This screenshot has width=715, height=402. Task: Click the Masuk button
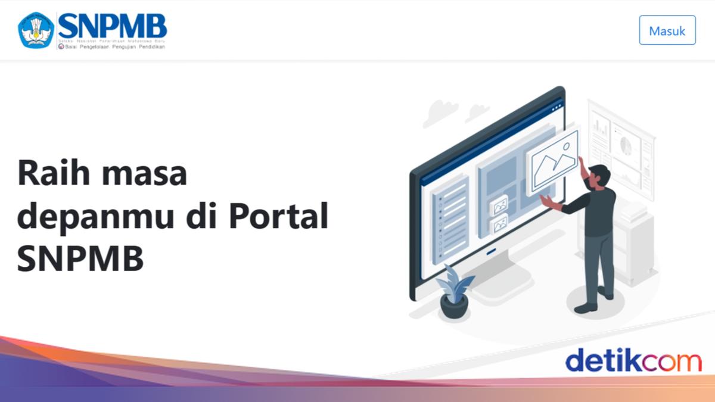pos(667,30)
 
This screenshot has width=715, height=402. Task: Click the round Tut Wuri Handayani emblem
pos(36,30)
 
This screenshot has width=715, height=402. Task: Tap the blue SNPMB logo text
pos(112,26)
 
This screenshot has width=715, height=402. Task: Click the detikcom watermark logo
pos(633,361)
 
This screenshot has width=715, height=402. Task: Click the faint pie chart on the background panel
pos(626,145)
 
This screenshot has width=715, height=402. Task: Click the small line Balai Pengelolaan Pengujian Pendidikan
pos(114,46)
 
